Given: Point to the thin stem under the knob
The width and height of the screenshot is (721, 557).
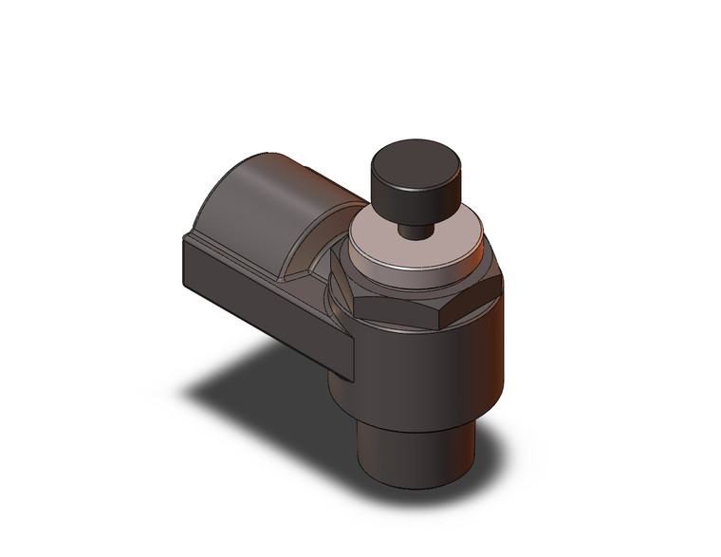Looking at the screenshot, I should [x=414, y=231].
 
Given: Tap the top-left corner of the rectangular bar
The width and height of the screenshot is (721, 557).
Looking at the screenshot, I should [x=183, y=238].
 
